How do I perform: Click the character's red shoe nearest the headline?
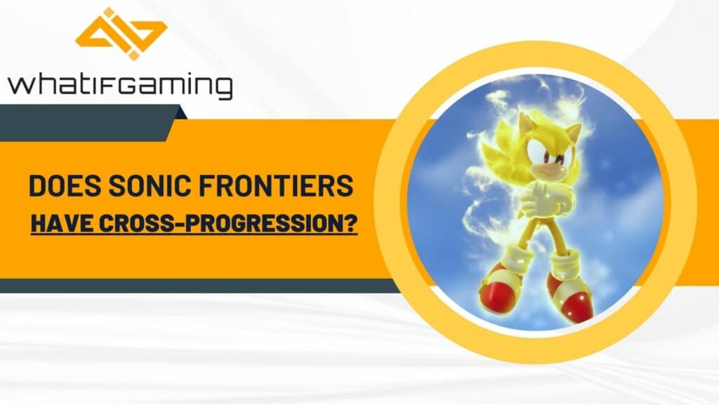(x=499, y=282)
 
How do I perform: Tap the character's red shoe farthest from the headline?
(x=570, y=299)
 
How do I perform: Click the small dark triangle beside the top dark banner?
(x=180, y=112)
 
